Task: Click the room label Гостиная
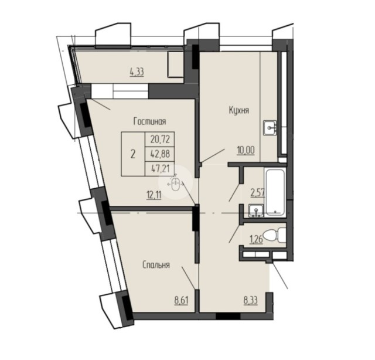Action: point(149,121)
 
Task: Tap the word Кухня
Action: point(239,111)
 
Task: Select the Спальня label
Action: point(156,265)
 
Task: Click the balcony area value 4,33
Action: point(137,72)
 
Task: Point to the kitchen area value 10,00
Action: point(246,151)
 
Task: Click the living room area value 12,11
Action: point(154,195)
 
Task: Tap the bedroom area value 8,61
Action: point(181,300)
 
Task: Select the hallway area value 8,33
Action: point(251,300)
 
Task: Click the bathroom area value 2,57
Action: point(258,193)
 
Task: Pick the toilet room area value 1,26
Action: point(256,239)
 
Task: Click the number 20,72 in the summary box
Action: point(160,139)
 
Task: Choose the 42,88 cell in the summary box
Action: point(160,154)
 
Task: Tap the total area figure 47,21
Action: point(160,169)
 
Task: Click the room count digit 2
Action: point(133,154)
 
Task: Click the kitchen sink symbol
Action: point(270,128)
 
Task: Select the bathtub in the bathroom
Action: point(275,192)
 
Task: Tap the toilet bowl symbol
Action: point(274,235)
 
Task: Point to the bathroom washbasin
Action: point(256,210)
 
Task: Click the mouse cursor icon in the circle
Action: point(176,184)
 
